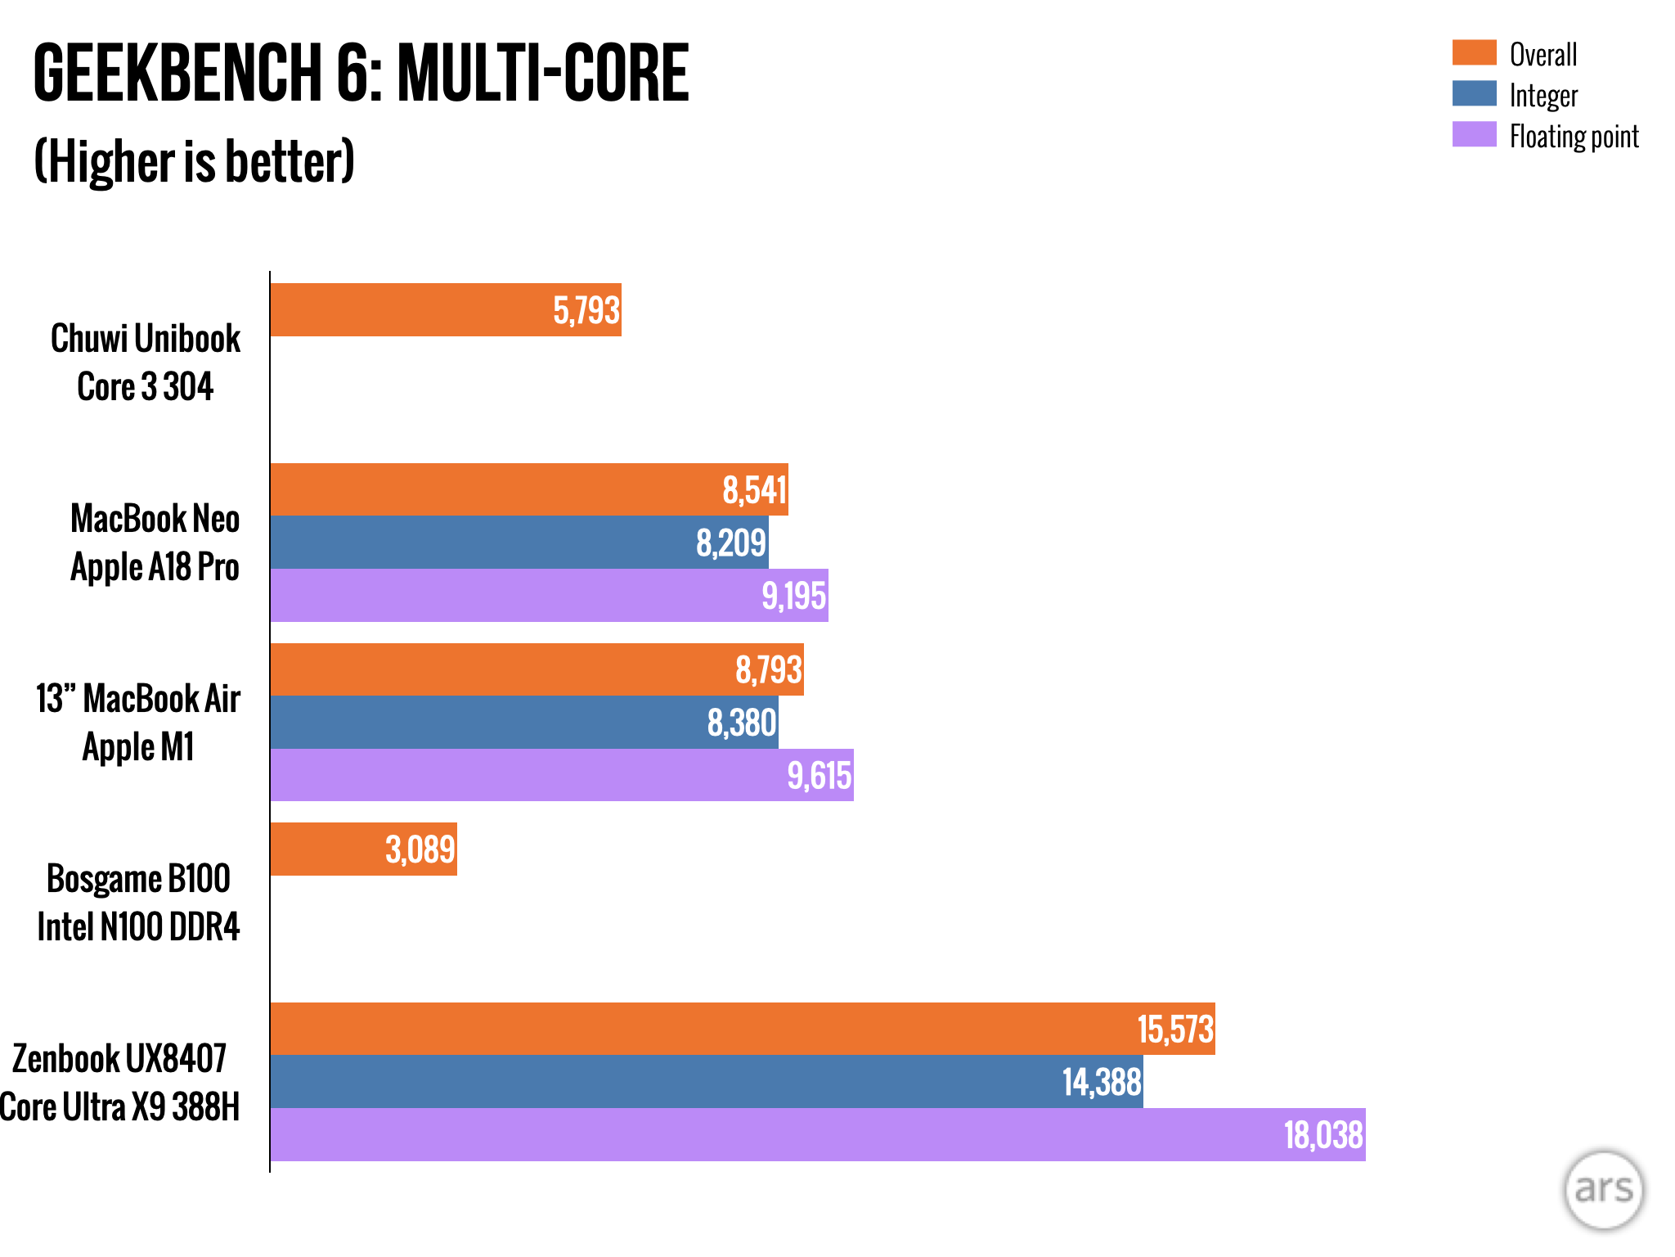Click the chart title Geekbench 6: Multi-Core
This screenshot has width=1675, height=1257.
[361, 73]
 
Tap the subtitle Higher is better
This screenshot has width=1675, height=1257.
[195, 161]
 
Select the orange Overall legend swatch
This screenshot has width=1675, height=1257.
[1474, 52]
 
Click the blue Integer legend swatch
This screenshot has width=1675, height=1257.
[1474, 93]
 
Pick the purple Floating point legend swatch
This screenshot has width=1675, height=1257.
[1474, 134]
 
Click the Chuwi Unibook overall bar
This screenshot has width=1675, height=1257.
[446, 309]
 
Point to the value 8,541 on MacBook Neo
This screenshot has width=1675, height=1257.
[754, 490]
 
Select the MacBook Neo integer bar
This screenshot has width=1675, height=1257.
[519, 542]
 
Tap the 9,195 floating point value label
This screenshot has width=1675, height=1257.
[794, 595]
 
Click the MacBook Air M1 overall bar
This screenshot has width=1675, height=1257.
[537, 669]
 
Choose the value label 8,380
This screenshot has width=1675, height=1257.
[742, 723]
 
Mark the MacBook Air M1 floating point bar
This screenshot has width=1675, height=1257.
[562, 775]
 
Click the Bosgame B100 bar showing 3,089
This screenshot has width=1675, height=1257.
[364, 849]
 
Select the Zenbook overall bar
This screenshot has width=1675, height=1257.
[743, 1029]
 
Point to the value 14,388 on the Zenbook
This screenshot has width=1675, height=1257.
[1102, 1082]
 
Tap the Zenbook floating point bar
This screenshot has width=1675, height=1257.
[818, 1134]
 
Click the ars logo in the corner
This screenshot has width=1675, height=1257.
[1604, 1190]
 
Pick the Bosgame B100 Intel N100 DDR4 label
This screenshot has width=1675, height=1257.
[138, 903]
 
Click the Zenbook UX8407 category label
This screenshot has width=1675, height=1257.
[119, 1058]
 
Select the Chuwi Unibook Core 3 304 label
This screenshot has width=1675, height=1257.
[146, 363]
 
